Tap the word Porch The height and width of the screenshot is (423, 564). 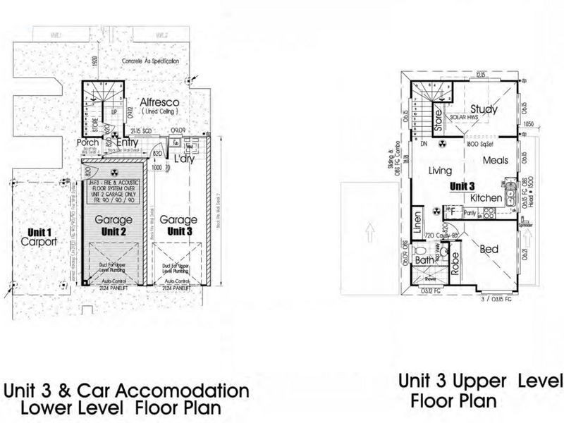[87, 143]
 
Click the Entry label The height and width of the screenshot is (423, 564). [128, 143]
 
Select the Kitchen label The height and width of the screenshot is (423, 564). [486, 199]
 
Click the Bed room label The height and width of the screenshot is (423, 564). [490, 249]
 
